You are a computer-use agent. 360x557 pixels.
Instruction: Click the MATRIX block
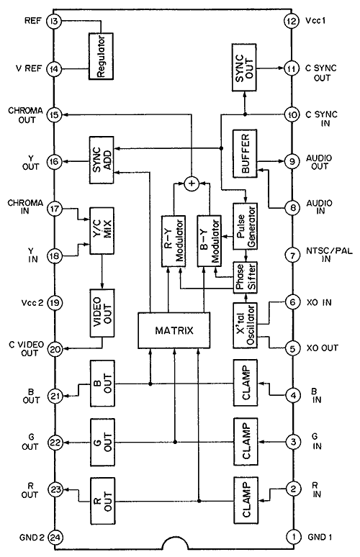(174, 330)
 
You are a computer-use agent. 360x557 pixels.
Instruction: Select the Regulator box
(101, 55)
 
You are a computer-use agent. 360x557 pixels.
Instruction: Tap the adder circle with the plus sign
(192, 184)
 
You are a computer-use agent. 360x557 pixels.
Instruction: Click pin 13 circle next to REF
(55, 22)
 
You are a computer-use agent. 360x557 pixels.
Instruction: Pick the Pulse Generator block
(245, 226)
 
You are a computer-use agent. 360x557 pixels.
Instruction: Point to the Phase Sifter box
(245, 277)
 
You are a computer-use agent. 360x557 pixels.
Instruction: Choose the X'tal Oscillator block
(245, 325)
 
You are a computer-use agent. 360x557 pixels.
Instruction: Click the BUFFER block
(245, 153)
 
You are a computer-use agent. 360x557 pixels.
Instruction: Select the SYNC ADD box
(102, 160)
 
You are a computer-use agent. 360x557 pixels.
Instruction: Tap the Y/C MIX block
(102, 231)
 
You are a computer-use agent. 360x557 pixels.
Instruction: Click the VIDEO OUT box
(102, 313)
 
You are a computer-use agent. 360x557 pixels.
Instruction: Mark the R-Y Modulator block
(174, 241)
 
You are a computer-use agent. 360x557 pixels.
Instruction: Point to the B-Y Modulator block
(210, 241)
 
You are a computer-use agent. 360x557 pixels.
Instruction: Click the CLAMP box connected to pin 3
(246, 442)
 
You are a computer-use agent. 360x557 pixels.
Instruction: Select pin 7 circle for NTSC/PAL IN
(292, 255)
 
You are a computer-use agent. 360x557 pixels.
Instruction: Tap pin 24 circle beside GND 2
(55, 537)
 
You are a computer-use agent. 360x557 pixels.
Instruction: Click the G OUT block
(102, 443)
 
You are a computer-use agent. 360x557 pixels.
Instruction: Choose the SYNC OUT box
(244, 68)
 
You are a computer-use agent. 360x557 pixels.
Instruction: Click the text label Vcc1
(315, 21)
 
